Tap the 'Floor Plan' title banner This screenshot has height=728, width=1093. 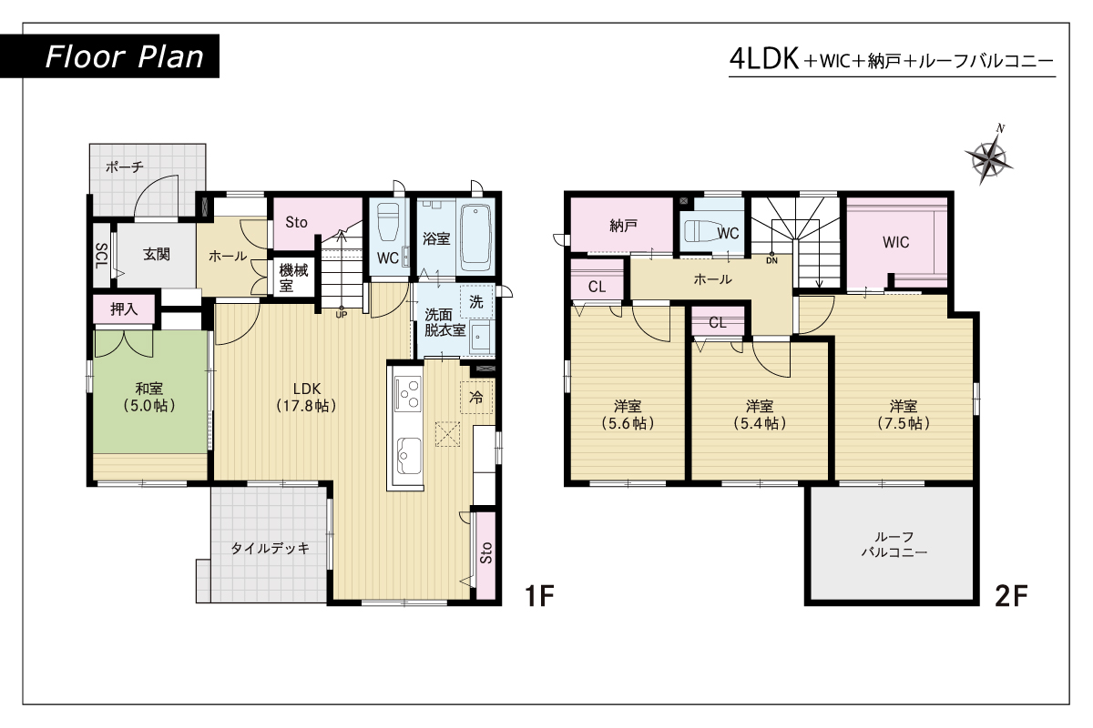110,56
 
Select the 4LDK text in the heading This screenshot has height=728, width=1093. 763,59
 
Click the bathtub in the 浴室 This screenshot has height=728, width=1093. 475,238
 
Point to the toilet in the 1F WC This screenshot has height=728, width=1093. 389,222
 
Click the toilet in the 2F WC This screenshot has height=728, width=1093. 702,231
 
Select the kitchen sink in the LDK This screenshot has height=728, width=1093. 409,456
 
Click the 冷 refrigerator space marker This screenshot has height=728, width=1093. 475,398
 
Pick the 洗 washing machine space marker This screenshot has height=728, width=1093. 476,302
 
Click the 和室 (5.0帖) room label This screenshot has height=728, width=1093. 149,397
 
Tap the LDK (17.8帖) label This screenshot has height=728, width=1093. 307,397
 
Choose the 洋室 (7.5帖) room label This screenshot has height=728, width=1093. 904,414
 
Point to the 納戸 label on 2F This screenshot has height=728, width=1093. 623,226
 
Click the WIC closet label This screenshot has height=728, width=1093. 896,242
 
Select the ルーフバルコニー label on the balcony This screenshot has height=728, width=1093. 894,544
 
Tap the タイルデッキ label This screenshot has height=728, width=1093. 271,548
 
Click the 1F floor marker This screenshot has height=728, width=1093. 539,595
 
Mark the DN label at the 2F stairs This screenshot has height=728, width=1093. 772,261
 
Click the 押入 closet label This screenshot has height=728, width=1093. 124,308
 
